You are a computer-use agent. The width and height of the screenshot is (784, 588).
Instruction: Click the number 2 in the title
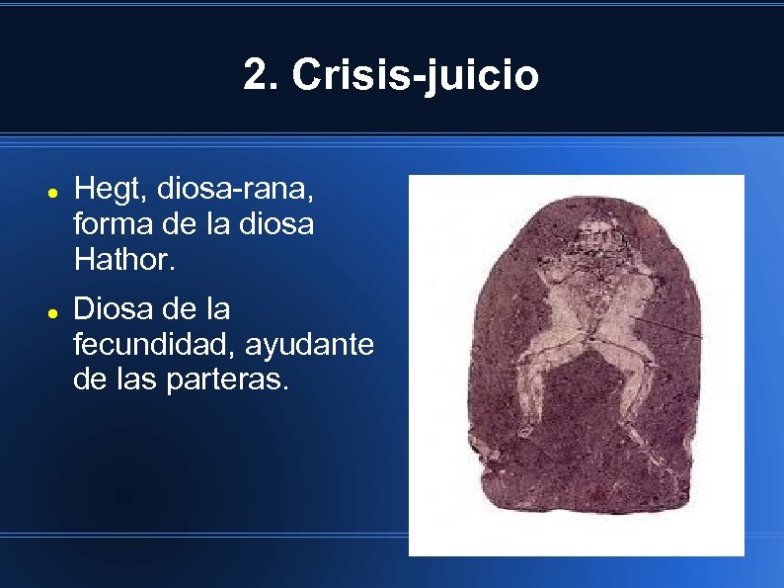tap(256, 75)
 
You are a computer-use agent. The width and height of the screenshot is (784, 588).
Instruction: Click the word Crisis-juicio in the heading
tap(416, 76)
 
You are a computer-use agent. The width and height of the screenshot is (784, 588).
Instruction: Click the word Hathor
tap(115, 261)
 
